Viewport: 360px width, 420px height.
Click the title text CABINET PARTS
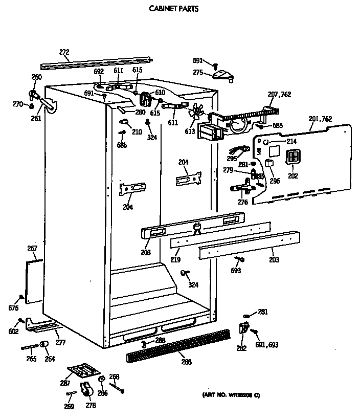click(x=167, y=9)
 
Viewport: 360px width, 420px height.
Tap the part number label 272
click(x=64, y=52)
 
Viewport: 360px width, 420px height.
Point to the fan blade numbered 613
click(x=196, y=114)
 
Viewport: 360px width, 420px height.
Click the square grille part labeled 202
click(x=292, y=158)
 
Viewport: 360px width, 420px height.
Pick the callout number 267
click(x=32, y=249)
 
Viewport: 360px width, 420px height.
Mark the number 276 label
click(x=242, y=203)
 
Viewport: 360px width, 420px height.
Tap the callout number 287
click(x=65, y=383)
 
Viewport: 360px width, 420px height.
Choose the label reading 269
click(x=69, y=407)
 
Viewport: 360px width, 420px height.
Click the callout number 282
click(x=241, y=348)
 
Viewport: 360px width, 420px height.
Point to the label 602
click(x=13, y=331)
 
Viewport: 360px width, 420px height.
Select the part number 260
click(x=36, y=77)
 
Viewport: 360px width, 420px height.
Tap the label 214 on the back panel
click(x=291, y=141)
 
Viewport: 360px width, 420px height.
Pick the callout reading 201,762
click(x=321, y=119)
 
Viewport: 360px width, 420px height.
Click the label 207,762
click(x=279, y=94)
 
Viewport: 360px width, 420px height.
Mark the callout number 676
click(x=13, y=308)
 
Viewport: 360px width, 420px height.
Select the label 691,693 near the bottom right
click(x=266, y=345)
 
